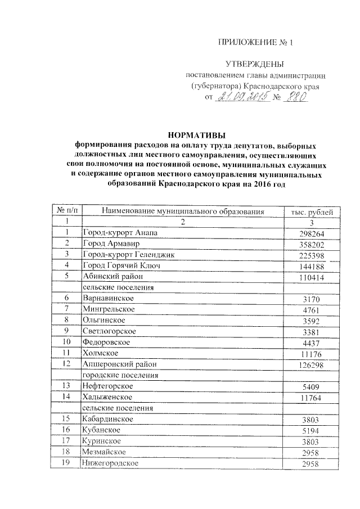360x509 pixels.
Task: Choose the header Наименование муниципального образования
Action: click(183, 211)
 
